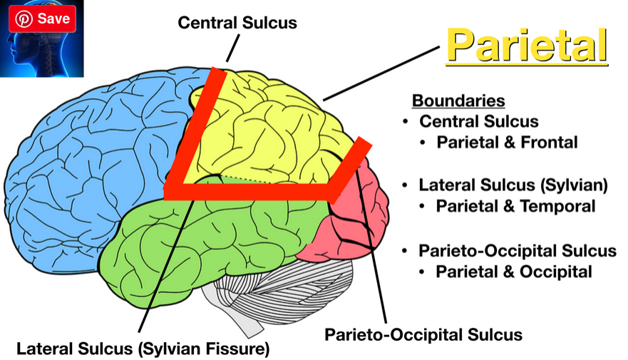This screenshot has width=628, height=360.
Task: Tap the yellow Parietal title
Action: pyautogui.click(x=527, y=46)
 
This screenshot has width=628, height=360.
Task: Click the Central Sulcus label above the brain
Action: pyautogui.click(x=237, y=23)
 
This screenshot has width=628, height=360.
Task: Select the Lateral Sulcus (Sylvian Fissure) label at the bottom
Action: pyautogui.click(x=143, y=349)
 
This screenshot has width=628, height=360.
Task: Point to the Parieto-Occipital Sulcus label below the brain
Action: pyautogui.click(x=423, y=334)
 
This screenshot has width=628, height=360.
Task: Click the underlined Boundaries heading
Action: pyautogui.click(x=458, y=101)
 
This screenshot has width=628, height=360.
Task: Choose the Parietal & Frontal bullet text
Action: pyautogui.click(x=506, y=142)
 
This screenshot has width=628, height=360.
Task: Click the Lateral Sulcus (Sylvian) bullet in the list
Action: pyautogui.click(x=513, y=185)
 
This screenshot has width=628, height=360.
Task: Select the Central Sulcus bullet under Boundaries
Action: pyautogui.click(x=478, y=121)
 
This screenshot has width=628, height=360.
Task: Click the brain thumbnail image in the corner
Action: pyautogui.click(x=43, y=53)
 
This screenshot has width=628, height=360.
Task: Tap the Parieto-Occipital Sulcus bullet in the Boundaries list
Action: pyautogui.click(x=517, y=251)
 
